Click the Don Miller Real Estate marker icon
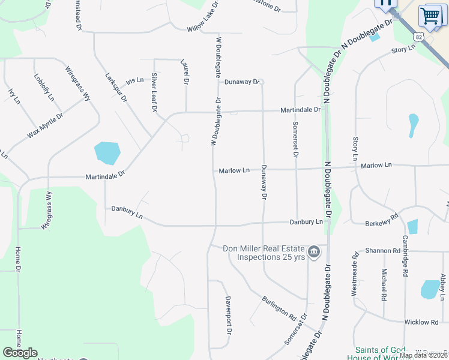313,253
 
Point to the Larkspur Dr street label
116,88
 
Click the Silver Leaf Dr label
154,92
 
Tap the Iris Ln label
135,80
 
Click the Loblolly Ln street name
44,88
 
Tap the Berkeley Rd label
382,220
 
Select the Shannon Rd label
382,251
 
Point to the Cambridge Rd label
406,254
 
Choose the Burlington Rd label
279,308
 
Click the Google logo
20,353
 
